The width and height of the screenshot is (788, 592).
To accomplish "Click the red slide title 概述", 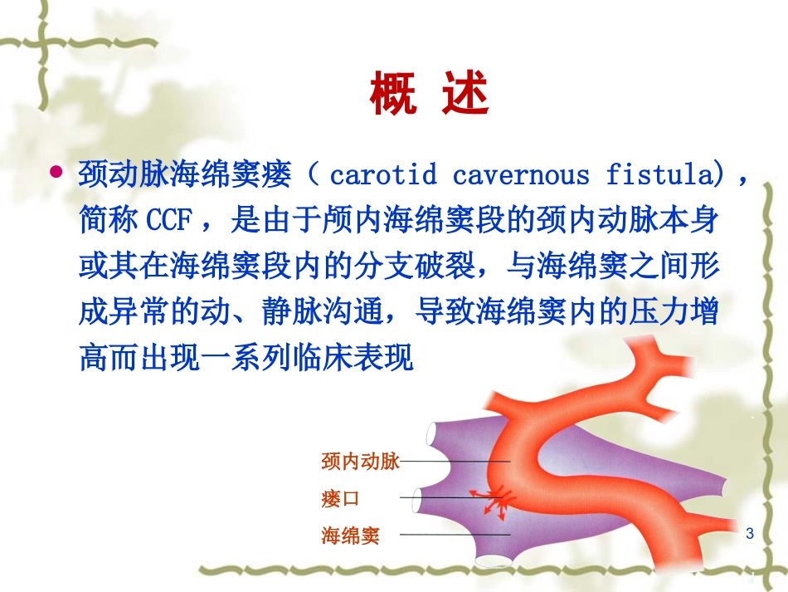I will click(429, 96).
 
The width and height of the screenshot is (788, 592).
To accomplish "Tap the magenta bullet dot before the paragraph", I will click(56, 173).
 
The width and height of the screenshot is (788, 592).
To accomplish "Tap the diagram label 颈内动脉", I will click(360, 461).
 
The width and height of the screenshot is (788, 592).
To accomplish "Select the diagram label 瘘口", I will click(340, 498).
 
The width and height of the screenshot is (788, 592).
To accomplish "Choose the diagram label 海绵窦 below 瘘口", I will click(350, 536).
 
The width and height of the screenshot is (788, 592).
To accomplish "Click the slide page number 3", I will click(750, 533).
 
